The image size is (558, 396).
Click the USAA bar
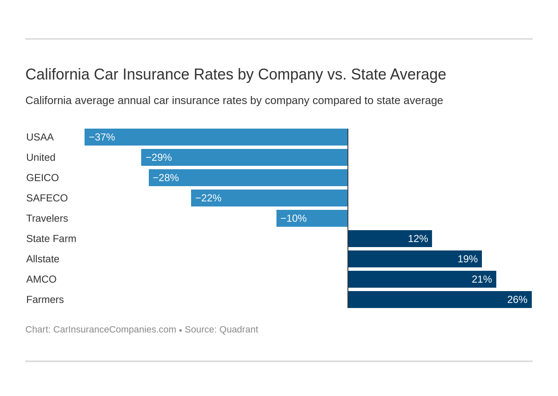216,137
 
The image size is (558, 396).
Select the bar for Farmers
440,300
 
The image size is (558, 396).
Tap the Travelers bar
312,218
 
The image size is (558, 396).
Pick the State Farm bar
390,239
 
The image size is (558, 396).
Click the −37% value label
102,137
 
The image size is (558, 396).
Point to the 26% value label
517,300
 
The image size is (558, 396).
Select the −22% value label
208,198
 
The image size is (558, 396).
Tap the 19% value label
468,259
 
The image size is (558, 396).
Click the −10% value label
293,218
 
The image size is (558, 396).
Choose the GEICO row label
42,178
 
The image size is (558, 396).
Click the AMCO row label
41,279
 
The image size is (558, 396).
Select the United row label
41,157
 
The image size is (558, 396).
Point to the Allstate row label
43,259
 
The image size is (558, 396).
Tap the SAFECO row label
47,198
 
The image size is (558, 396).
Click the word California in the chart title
57,74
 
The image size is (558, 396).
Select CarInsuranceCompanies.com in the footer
115,330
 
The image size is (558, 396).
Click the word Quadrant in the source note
238,330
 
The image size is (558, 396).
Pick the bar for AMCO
422,279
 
